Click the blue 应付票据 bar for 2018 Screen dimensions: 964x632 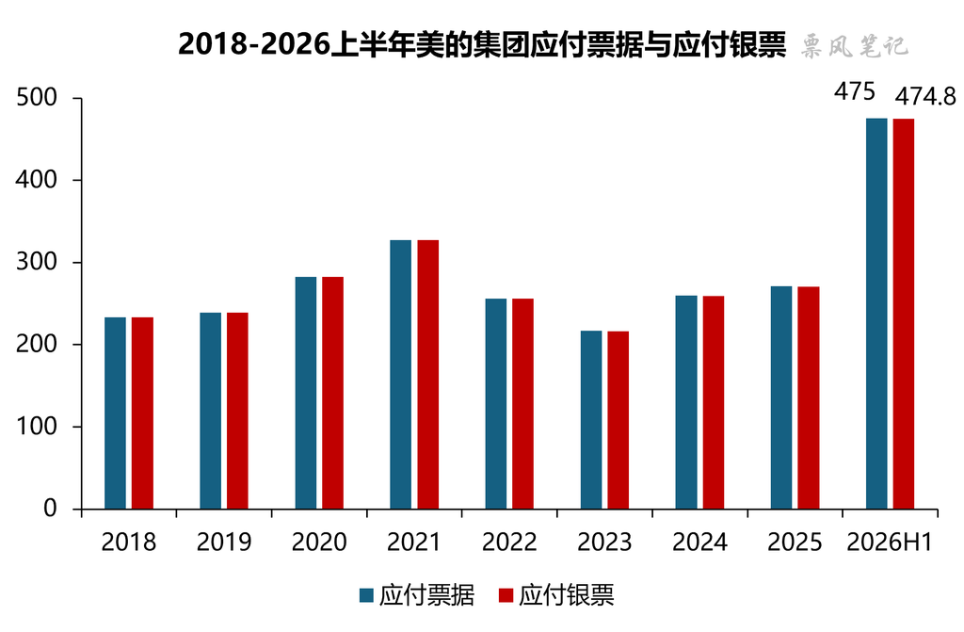point(115,413)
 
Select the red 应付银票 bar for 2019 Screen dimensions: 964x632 point(237,411)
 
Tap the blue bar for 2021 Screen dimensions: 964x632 point(401,374)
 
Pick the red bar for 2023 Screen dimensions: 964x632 point(618,420)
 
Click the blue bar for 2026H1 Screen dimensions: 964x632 point(876,314)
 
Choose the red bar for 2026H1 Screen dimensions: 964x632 point(904,314)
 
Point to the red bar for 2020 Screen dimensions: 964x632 point(332,393)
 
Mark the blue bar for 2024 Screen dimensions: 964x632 point(686,402)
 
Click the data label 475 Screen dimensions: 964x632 point(855,91)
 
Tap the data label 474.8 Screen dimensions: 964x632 point(925,97)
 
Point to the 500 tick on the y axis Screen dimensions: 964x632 point(37,97)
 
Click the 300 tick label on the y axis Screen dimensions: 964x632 point(37,262)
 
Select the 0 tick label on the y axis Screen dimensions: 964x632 point(51,509)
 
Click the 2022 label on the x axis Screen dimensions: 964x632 point(509,543)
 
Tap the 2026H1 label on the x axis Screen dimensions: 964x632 point(890,543)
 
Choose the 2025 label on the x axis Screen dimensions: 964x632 point(795,543)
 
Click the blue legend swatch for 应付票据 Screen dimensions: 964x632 point(366,595)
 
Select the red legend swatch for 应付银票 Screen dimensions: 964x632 point(506,595)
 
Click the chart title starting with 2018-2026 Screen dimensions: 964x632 point(482,44)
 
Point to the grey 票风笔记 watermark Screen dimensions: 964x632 point(855,45)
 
